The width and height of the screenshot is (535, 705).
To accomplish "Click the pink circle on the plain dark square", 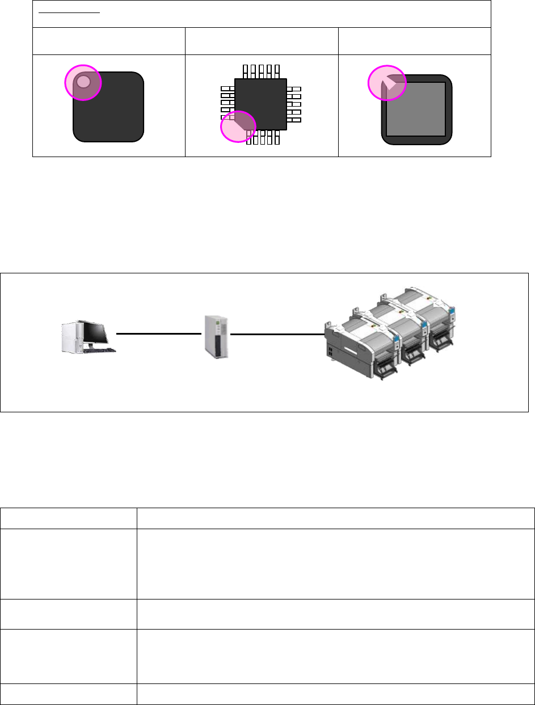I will click(83, 82).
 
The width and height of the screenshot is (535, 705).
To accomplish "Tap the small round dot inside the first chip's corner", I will click(83, 81).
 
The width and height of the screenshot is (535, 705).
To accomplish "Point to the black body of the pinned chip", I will click(261, 102).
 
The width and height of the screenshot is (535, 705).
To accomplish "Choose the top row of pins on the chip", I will click(261, 71).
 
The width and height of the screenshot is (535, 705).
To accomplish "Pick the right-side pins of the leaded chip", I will click(294, 105).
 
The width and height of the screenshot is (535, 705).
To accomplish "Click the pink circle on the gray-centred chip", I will click(387, 83).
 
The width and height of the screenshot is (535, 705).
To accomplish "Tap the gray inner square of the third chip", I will click(417, 111).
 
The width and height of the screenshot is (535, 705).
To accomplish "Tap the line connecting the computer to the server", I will click(159, 334).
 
